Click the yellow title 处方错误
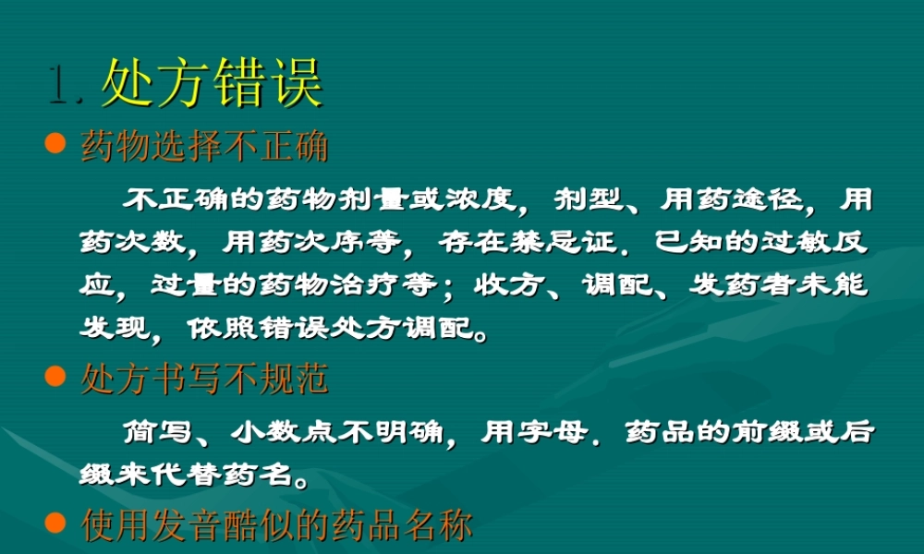point(212,84)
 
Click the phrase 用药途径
point(732,199)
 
